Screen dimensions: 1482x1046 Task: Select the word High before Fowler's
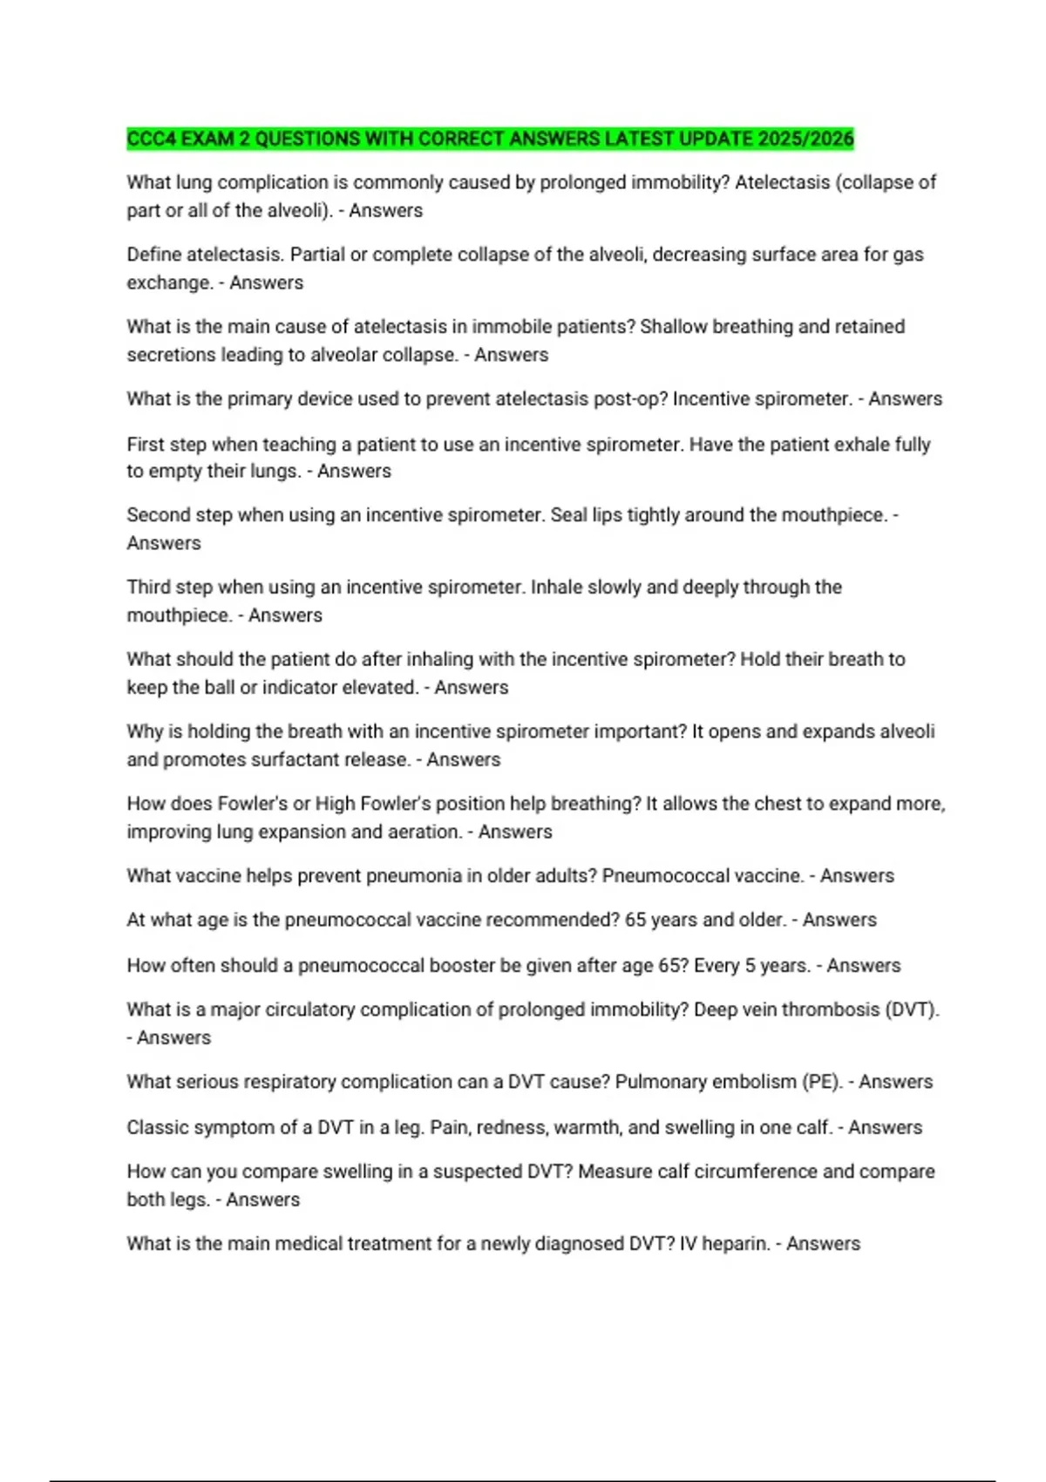[x=334, y=804]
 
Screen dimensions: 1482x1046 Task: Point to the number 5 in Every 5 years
[x=750, y=966]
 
